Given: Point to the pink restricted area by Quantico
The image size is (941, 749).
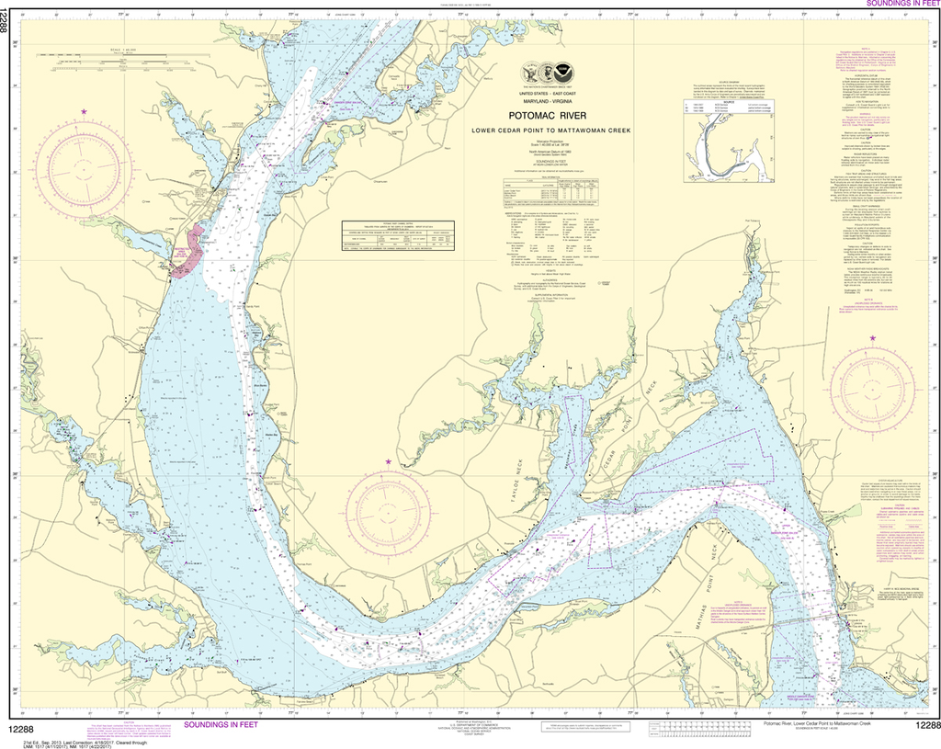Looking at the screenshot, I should (187, 251).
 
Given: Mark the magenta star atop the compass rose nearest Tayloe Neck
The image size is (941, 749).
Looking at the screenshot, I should (388, 461).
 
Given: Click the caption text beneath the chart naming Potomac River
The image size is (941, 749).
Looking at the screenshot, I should (809, 725).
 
